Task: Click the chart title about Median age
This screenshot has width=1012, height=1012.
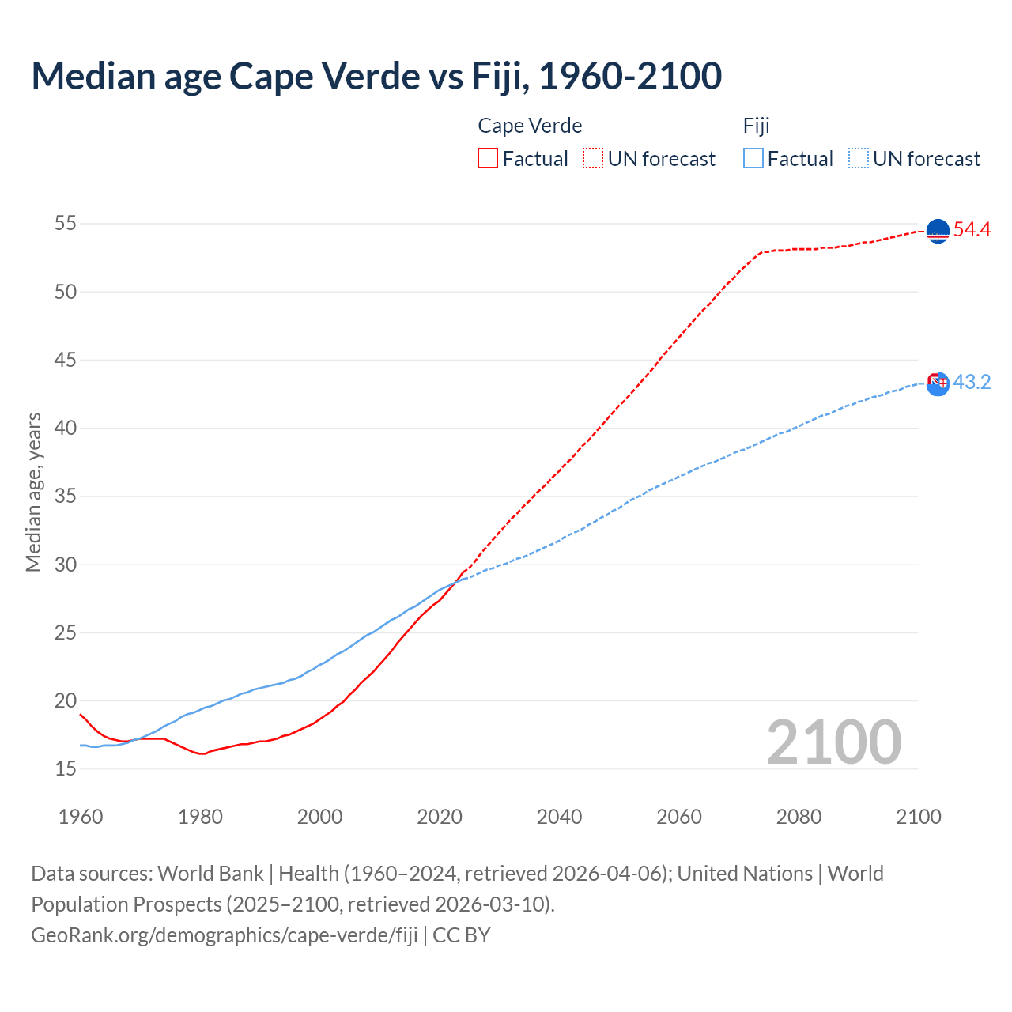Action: tap(376, 77)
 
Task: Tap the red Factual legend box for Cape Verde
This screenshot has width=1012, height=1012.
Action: tap(488, 158)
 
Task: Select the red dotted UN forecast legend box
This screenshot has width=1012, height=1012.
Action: tap(593, 158)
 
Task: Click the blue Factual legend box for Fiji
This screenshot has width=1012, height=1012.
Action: tap(753, 158)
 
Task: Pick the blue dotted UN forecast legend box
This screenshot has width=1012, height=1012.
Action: tap(858, 158)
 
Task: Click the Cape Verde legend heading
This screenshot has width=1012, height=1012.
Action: tap(530, 126)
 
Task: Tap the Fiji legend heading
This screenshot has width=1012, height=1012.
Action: tap(756, 126)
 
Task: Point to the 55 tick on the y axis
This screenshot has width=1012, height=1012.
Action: tap(65, 224)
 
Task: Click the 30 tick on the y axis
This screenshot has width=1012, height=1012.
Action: tap(65, 565)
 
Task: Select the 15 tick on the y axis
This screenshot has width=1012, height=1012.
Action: tap(65, 768)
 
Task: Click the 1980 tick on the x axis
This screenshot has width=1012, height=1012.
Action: tap(200, 817)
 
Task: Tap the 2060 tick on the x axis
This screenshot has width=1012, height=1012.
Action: tap(679, 817)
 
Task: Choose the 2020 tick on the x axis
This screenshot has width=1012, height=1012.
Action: tap(440, 817)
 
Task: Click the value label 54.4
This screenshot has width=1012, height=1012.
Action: tap(972, 230)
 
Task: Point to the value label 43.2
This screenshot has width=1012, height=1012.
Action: tap(972, 383)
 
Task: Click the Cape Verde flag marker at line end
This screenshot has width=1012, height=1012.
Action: tap(938, 231)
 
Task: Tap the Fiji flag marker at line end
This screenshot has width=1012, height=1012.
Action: tap(938, 383)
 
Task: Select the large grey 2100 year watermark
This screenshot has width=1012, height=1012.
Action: tap(833, 742)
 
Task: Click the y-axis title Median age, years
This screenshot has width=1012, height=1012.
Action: tap(33, 492)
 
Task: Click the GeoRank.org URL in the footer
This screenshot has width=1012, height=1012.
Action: tap(225, 935)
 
